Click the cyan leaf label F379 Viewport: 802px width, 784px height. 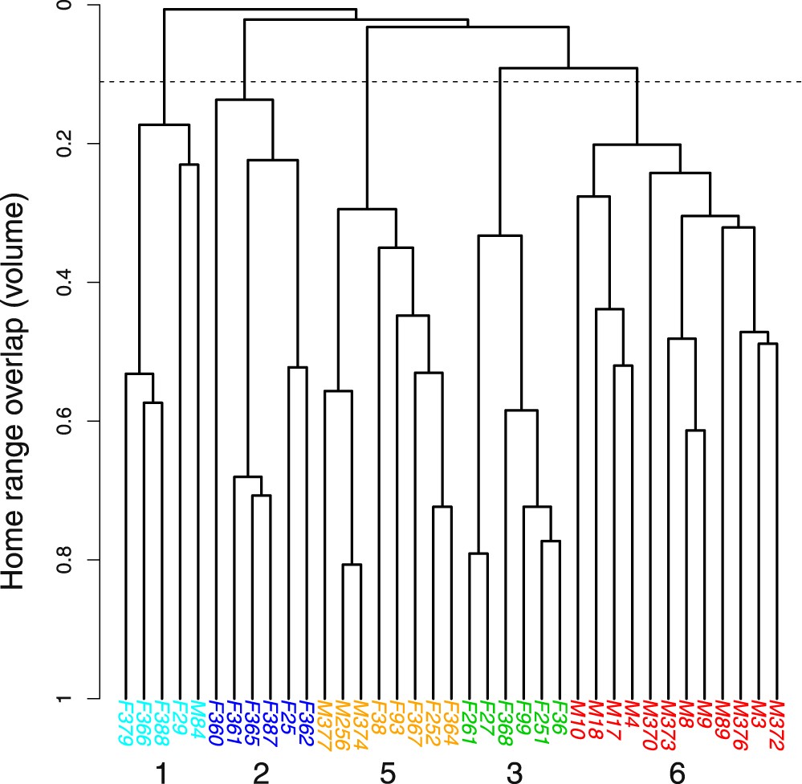125,722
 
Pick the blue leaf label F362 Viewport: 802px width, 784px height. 305,722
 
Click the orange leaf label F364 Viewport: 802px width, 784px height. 450,722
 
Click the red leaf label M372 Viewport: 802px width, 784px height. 776,722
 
